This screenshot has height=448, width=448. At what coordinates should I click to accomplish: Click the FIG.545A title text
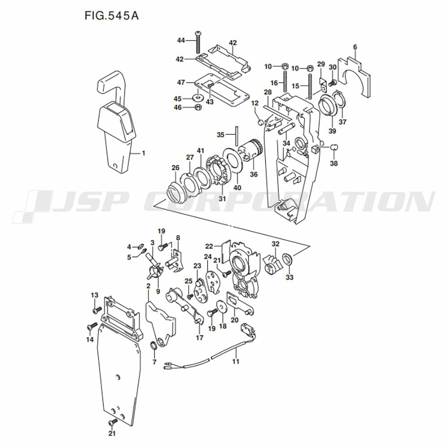click(x=112, y=15)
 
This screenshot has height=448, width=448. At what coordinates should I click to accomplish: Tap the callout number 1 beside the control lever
click(x=143, y=153)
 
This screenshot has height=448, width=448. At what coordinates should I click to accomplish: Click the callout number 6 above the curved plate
click(x=355, y=47)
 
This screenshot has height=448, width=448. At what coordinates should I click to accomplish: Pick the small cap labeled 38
click(x=334, y=147)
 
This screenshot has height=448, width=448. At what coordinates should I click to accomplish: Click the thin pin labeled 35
click(x=237, y=136)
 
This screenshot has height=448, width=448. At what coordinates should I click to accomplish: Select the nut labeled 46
click(x=198, y=107)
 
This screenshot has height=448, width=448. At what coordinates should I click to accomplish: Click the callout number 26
click(x=175, y=168)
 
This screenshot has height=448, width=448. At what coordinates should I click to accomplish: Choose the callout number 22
click(x=209, y=246)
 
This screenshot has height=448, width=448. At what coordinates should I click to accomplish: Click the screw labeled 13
click(x=97, y=310)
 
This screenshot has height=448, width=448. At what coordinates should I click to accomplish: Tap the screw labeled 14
click(x=92, y=326)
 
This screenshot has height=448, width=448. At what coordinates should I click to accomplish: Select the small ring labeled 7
click(x=154, y=345)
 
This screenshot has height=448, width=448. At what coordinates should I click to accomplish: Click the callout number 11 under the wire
click(x=236, y=362)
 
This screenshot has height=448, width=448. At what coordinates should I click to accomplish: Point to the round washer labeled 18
click(x=222, y=306)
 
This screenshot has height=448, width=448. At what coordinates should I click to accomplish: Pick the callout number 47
click(x=181, y=82)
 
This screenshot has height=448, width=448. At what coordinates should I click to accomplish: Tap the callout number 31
click(x=222, y=198)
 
